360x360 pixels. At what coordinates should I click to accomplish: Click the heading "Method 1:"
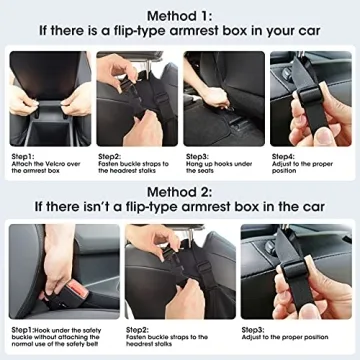[x=180, y=15]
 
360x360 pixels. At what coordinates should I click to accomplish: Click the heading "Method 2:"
[x=180, y=191]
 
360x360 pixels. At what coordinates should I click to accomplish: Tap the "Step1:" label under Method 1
[x=24, y=156]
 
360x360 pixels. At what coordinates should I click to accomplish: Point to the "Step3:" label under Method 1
[x=197, y=156]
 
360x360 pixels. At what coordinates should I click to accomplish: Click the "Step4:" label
[x=284, y=156]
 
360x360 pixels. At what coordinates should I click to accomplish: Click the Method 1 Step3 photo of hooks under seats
[x=223, y=98]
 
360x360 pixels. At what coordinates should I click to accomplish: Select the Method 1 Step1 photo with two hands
[x=48, y=98]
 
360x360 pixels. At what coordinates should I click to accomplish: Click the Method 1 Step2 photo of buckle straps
[x=136, y=98]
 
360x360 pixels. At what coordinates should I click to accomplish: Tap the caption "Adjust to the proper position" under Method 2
[x=290, y=335]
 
